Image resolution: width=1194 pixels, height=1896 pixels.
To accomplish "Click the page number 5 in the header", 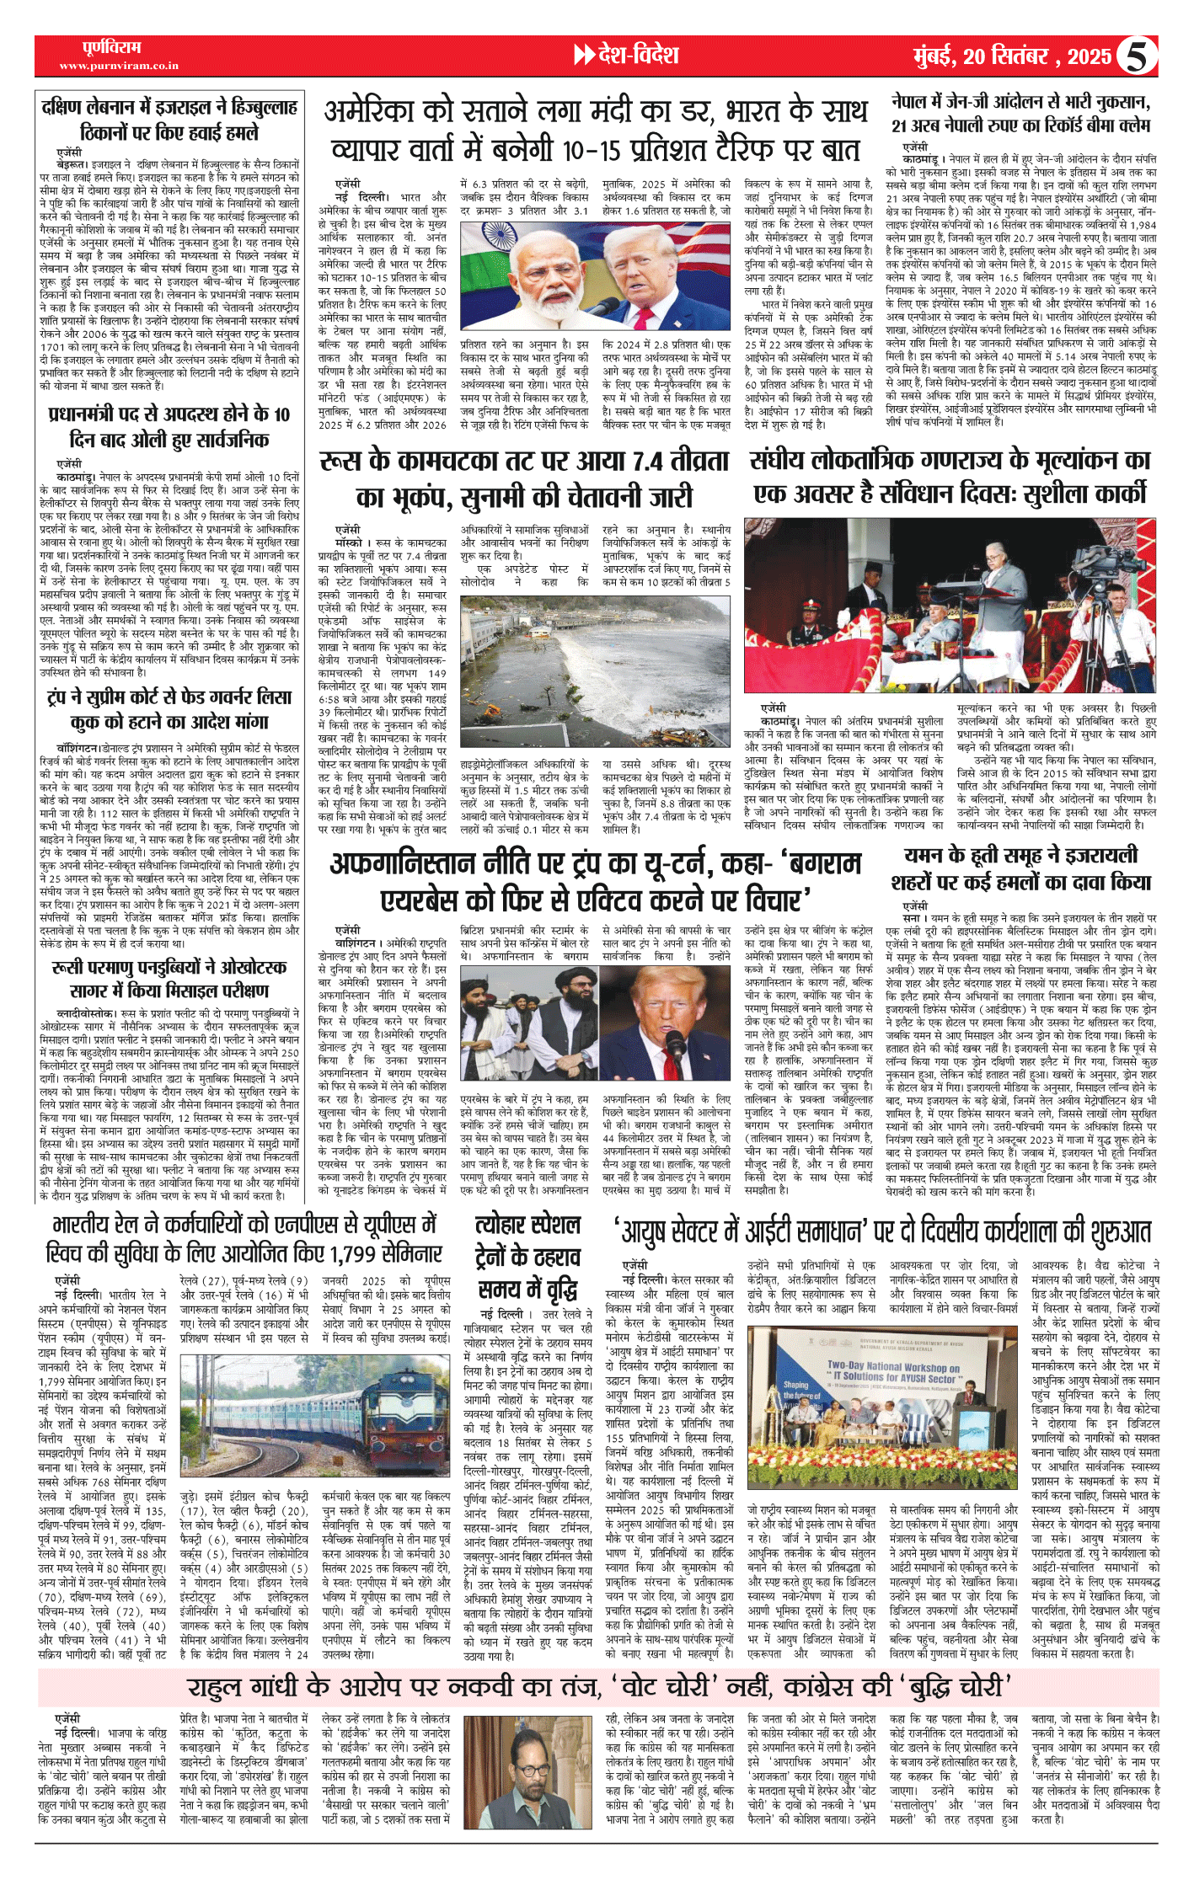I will (x=1136, y=57).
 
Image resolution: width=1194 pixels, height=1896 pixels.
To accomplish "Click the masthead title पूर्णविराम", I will (x=112, y=47).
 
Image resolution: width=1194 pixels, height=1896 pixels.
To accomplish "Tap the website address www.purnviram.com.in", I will (x=119, y=66).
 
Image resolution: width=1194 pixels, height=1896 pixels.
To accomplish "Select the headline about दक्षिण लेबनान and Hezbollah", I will (x=169, y=120).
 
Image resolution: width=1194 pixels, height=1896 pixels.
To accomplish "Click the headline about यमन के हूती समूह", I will (x=1020, y=868).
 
